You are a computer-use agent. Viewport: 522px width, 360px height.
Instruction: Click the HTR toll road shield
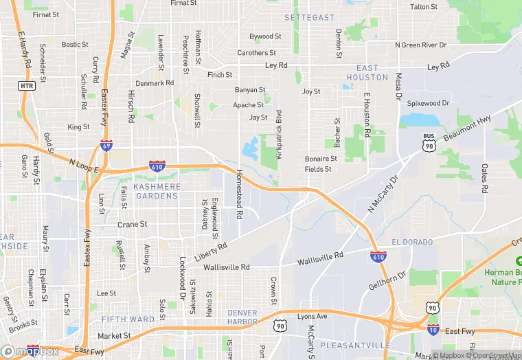27,85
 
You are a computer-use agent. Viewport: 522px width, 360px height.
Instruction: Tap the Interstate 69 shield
106,146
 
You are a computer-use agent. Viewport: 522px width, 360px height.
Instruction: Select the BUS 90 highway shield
429,142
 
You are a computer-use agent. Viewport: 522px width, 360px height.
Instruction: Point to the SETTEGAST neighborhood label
310,17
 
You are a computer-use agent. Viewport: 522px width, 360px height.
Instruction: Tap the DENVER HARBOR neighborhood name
242,317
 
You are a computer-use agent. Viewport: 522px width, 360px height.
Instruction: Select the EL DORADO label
412,243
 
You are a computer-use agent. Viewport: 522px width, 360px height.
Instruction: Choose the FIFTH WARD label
128,319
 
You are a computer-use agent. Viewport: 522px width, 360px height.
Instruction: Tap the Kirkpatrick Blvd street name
279,135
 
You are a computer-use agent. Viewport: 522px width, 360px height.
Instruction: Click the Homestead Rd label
240,194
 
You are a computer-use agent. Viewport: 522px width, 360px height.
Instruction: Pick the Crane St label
133,224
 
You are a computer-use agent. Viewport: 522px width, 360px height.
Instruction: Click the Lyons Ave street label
312,316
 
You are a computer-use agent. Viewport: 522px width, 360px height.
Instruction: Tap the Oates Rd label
484,177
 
